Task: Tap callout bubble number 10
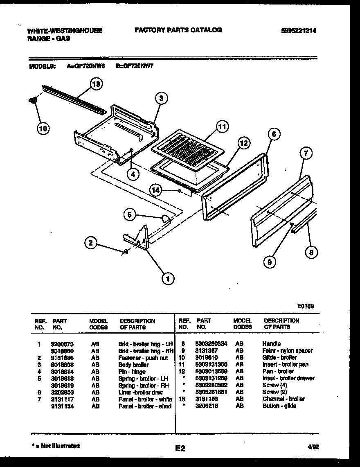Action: tap(43, 129)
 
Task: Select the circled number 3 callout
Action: tap(162, 98)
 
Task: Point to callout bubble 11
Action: tap(221, 127)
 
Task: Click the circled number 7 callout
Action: tap(306, 154)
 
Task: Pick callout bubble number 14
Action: tap(155, 190)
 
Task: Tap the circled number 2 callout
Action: tap(92, 243)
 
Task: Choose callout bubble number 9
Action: tap(270, 262)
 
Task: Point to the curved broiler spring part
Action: tap(165, 219)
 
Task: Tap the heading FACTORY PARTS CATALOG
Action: tap(178, 30)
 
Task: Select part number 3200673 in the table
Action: tap(62, 344)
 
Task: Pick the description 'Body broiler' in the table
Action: tap(133, 364)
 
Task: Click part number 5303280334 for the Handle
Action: tap(211, 343)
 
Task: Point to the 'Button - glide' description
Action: tap(279, 406)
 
